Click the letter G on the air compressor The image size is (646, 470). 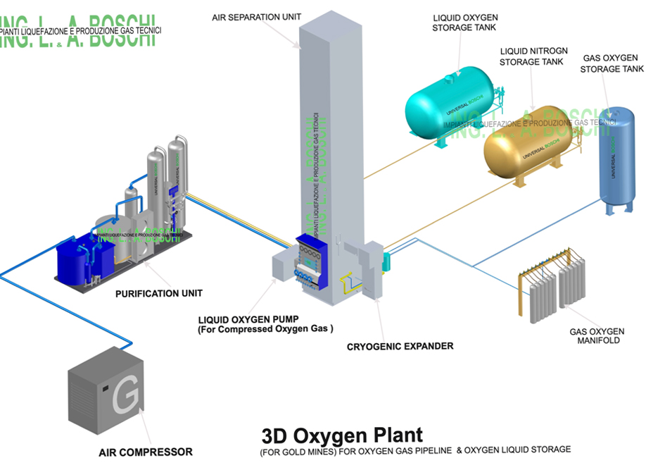tap(125, 398)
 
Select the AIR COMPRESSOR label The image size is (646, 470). tap(145, 452)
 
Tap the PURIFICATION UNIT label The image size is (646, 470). tap(157, 293)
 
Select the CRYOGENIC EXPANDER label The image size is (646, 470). tap(400, 346)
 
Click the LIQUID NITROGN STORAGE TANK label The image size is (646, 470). tap(531, 56)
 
